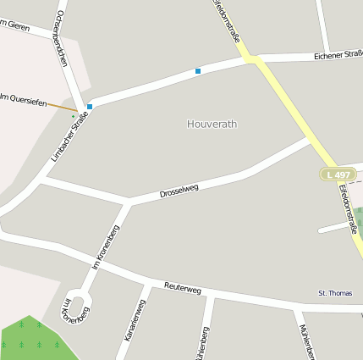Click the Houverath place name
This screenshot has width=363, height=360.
click(x=212, y=124)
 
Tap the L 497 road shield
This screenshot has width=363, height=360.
click(x=337, y=174)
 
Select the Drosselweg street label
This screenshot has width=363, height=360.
click(x=179, y=191)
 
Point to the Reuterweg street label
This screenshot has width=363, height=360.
click(x=183, y=289)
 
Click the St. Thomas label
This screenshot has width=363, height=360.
click(x=335, y=293)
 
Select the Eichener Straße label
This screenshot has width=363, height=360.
click(x=338, y=55)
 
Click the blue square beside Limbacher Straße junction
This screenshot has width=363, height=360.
click(x=90, y=107)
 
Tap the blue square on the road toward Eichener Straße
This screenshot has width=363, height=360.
click(x=198, y=71)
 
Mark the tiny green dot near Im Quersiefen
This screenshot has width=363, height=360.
click(x=74, y=116)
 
